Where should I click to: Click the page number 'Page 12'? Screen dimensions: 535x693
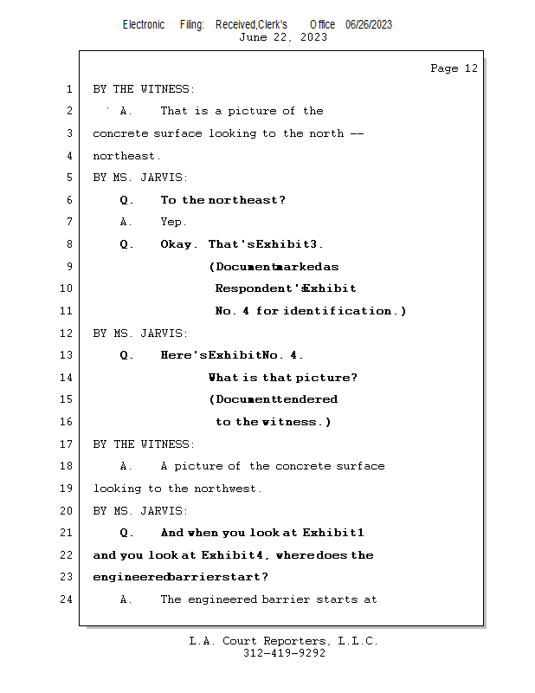(x=454, y=68)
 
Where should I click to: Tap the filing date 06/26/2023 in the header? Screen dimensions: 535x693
(x=369, y=24)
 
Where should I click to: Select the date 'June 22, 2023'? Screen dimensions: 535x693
(x=283, y=37)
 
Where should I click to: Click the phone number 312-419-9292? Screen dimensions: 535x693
(x=285, y=653)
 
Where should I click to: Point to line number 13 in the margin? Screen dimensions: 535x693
(x=66, y=355)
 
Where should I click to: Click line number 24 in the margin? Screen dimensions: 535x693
(x=66, y=599)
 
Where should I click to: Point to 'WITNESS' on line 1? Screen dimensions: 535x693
(x=167, y=89)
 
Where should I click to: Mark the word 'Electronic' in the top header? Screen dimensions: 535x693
(x=144, y=24)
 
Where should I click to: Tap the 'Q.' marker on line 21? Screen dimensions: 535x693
(x=126, y=533)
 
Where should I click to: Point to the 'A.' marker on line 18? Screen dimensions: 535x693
(x=126, y=466)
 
